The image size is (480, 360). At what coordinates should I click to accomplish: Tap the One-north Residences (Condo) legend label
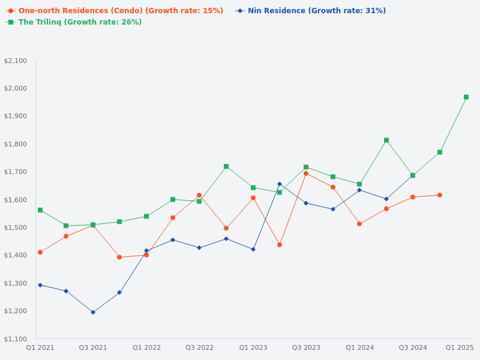121,11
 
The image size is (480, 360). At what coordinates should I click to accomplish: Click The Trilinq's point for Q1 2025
466,97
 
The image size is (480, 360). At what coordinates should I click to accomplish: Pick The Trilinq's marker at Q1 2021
40,210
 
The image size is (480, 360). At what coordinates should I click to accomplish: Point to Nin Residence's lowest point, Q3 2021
93,312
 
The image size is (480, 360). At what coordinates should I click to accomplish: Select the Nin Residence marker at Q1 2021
40,285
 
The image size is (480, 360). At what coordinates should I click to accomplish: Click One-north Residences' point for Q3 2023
306,173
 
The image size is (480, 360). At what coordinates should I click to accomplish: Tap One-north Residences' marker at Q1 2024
359,224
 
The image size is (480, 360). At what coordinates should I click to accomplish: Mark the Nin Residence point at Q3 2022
199,248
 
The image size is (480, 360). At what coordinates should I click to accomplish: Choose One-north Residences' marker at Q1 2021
40,252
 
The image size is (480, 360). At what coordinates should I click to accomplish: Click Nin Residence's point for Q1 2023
253,249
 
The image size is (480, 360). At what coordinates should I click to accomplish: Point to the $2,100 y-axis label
16,61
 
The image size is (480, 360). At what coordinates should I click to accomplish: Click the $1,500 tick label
16,227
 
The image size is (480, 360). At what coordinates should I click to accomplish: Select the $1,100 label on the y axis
16,339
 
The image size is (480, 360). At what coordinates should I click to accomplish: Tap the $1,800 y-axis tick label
16,144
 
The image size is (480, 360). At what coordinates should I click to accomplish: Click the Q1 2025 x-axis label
460,347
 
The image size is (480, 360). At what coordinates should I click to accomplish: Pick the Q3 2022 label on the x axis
199,347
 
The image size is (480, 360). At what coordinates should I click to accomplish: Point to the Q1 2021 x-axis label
40,347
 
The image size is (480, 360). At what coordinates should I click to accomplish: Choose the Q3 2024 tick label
413,347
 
